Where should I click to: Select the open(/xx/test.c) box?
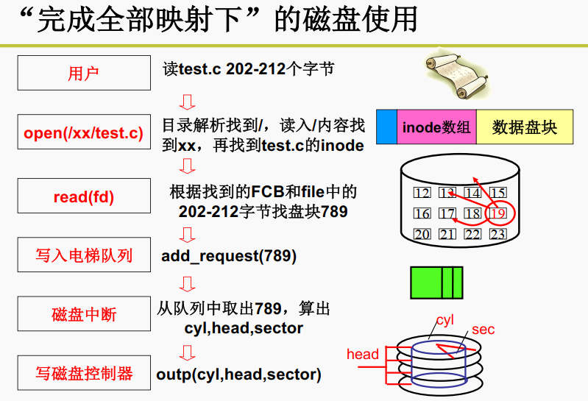click(82, 133)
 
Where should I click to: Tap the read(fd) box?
click(82, 196)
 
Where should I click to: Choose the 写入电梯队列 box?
click(82, 255)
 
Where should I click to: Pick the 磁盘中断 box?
click(82, 314)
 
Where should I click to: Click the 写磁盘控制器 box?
click(82, 373)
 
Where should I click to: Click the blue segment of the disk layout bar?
click(386, 127)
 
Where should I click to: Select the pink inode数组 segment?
click(436, 127)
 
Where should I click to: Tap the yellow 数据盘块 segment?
click(525, 127)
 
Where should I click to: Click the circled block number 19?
click(498, 214)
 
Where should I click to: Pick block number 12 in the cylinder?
click(422, 194)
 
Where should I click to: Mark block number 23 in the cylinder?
click(498, 235)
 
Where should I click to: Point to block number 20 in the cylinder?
click(422, 235)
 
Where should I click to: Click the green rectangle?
click(436, 282)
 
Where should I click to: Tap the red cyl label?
click(445, 320)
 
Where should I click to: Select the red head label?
click(362, 354)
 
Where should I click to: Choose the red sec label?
click(483, 330)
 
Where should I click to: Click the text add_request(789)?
click(229, 256)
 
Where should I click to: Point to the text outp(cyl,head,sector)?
click(239, 374)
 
